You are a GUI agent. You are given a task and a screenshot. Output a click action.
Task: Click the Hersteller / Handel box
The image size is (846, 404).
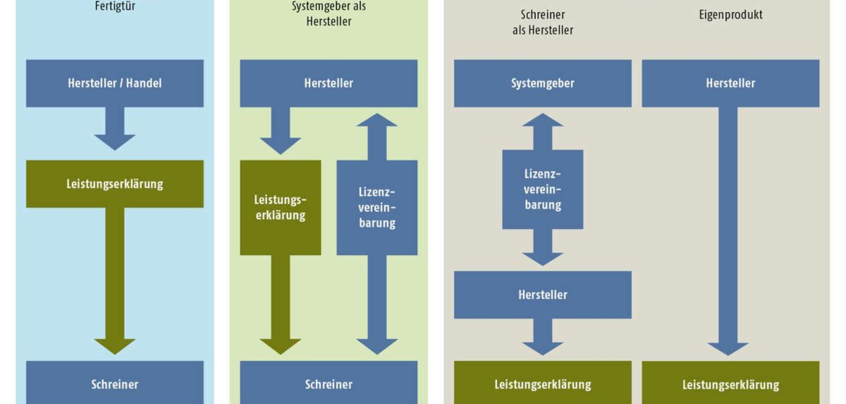point(115,83)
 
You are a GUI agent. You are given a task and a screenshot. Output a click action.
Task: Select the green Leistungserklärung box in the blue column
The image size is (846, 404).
point(115,184)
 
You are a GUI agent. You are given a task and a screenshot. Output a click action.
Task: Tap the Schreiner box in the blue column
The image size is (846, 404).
point(115,382)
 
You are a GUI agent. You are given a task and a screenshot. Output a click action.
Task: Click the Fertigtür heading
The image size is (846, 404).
point(115,6)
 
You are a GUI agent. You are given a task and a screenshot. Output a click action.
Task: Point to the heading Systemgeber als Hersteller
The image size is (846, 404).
point(329,13)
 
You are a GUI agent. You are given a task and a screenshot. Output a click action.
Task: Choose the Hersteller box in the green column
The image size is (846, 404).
point(329,83)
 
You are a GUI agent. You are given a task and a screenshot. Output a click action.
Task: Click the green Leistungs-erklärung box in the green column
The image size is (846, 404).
point(280,208)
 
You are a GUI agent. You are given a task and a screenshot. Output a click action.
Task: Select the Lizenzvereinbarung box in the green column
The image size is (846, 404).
point(377,208)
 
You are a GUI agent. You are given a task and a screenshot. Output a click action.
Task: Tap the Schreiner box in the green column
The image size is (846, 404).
point(329,382)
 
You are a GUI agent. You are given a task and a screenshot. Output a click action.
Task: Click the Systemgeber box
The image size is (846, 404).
point(543,83)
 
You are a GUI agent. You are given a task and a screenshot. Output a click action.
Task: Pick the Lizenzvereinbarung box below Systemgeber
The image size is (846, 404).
point(543,189)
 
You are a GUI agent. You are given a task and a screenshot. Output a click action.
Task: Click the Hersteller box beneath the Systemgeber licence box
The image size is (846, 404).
point(543,295)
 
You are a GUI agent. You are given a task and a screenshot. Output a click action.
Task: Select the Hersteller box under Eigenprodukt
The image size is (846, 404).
point(730,83)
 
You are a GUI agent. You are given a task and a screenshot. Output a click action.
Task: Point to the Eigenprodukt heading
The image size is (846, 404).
point(730,15)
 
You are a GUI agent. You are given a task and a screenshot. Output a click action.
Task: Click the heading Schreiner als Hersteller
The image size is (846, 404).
point(543,22)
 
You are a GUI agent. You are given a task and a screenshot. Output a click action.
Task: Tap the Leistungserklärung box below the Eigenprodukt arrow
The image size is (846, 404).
point(730,382)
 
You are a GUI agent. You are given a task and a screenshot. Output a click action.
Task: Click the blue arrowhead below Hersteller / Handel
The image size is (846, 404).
point(115,142)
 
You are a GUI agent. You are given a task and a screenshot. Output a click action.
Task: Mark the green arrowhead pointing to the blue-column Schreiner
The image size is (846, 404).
point(115,346)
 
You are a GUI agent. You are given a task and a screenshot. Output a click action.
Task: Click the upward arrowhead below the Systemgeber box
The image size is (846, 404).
point(543,120)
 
